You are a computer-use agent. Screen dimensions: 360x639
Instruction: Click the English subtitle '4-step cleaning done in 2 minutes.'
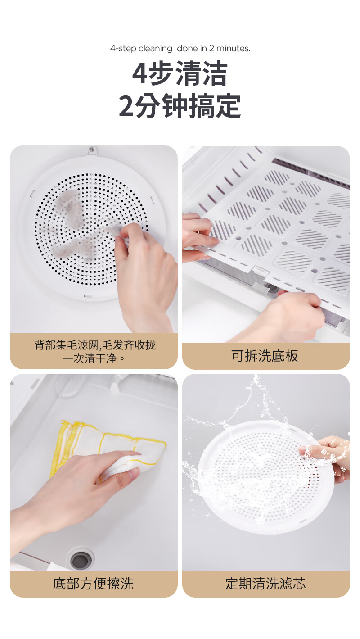point(180,49)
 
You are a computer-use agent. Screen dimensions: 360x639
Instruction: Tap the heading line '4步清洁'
point(180,73)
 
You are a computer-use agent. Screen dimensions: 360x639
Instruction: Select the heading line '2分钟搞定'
point(180,106)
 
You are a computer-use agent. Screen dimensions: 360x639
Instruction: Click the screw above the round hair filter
point(92,149)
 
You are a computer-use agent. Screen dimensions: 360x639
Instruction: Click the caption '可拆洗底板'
point(265,356)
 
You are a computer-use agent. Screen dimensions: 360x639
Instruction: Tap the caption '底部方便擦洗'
point(93,583)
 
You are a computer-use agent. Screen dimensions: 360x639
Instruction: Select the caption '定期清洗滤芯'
point(265,583)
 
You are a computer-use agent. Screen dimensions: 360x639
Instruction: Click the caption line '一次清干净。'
point(94,358)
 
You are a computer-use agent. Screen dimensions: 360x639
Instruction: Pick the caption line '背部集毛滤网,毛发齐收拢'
point(95,345)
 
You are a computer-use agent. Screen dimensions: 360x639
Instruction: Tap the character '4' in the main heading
point(140,74)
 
